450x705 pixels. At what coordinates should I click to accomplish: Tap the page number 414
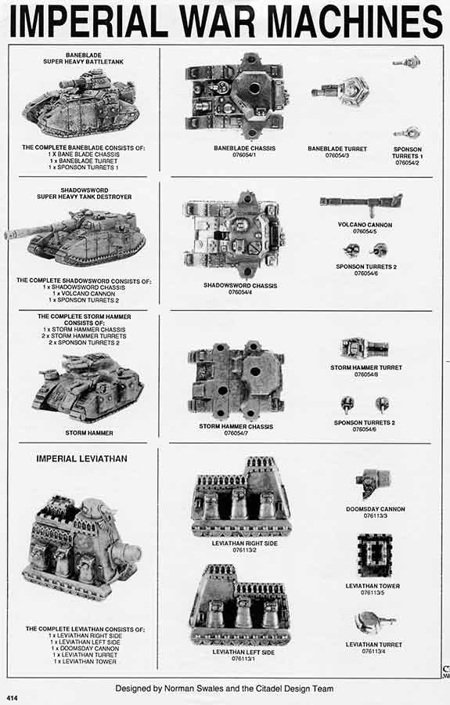coord(13,696)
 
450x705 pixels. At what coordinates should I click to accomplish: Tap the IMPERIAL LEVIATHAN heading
coord(81,458)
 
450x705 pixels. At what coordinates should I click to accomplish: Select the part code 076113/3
coord(375,516)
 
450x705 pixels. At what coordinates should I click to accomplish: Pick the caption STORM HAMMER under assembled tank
coord(90,432)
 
